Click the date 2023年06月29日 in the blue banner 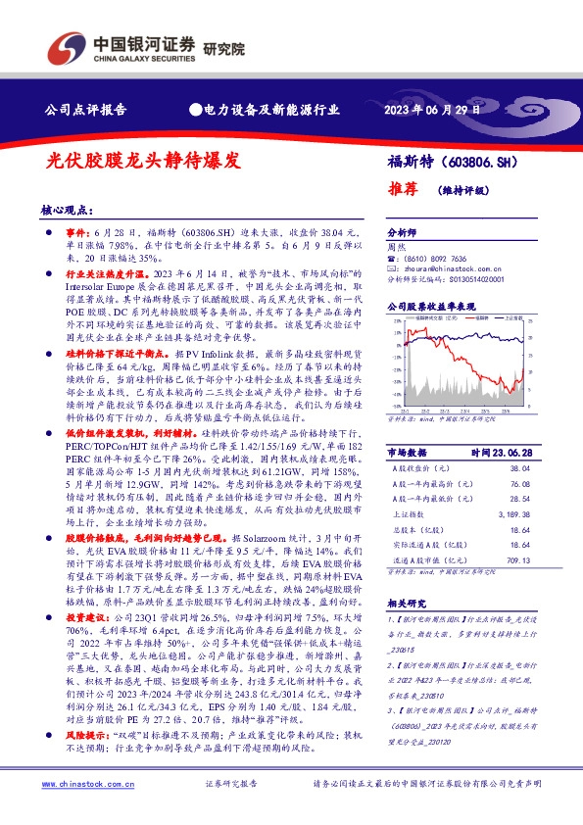click(432, 110)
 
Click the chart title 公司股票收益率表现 click(430, 306)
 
